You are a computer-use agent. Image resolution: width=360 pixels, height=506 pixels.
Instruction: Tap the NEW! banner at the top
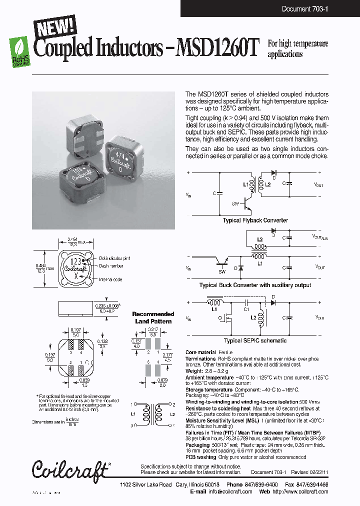click(55, 26)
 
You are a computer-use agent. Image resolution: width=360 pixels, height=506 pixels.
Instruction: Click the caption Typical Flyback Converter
click(255, 220)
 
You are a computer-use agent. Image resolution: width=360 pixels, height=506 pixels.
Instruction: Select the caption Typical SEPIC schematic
click(255, 340)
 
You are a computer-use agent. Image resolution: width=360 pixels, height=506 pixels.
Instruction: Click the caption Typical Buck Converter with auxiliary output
click(255, 285)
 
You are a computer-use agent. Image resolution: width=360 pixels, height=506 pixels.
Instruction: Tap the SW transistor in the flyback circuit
click(247, 203)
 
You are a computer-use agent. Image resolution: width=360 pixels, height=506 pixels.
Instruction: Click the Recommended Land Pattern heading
click(153, 317)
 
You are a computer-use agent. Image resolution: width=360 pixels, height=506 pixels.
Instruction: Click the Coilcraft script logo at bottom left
click(70, 469)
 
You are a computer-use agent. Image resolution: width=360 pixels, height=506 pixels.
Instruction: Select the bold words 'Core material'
click(200, 352)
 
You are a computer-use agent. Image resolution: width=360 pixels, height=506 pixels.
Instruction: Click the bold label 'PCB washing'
click(200, 457)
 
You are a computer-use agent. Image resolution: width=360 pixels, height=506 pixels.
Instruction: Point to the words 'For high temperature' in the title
click(298, 44)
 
